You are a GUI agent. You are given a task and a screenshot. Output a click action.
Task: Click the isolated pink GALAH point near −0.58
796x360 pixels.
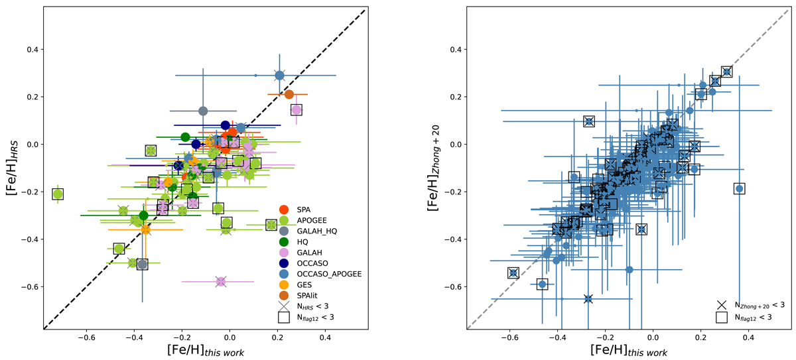[x=221, y=282]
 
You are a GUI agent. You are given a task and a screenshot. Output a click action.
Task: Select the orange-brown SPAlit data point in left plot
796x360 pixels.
[x=289, y=94]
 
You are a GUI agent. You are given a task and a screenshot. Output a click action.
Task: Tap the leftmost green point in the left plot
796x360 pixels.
[x=58, y=194]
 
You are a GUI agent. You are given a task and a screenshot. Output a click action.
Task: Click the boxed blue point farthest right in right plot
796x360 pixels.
[x=739, y=189]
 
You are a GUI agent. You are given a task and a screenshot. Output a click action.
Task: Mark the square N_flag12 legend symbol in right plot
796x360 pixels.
[x=721, y=319]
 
